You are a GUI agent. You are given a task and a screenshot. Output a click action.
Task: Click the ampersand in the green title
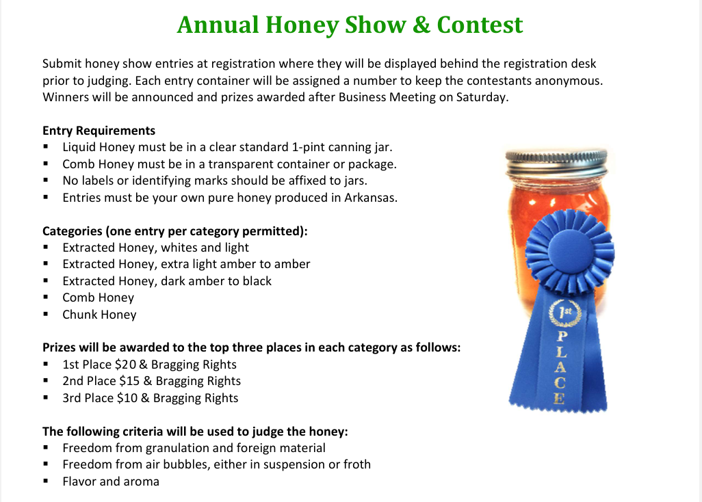[x=421, y=25]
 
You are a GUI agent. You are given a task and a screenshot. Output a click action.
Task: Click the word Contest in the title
[x=480, y=25]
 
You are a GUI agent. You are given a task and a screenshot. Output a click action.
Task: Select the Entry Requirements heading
[x=99, y=131]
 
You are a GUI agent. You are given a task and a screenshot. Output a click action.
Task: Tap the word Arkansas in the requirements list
[x=371, y=197]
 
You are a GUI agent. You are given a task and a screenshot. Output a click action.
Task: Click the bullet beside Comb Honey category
[x=46, y=297]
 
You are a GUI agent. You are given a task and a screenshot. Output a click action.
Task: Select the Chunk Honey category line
[x=99, y=315]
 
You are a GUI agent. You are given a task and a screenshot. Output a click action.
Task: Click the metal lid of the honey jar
[x=556, y=163]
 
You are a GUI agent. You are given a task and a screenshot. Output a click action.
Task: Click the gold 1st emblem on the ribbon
[x=565, y=313]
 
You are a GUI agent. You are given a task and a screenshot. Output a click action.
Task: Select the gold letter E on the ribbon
[x=559, y=398]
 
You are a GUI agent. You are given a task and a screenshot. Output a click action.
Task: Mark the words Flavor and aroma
[x=111, y=481]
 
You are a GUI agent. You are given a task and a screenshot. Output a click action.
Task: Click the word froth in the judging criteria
[x=357, y=464]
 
